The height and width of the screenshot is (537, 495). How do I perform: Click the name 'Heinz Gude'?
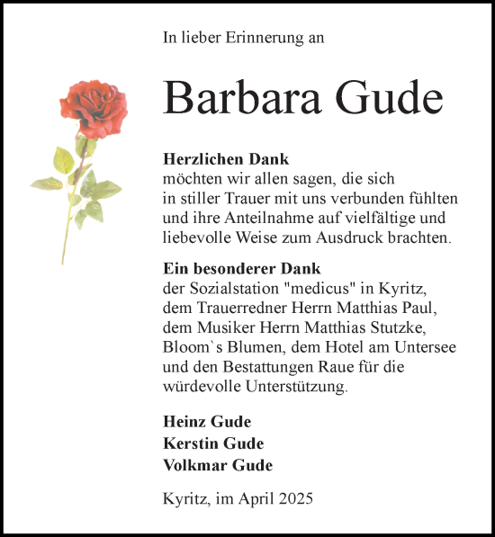tap(207, 422)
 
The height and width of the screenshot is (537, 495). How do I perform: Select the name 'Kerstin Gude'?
tap(213, 443)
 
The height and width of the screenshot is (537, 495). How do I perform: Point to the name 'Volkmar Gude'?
tap(218, 465)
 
